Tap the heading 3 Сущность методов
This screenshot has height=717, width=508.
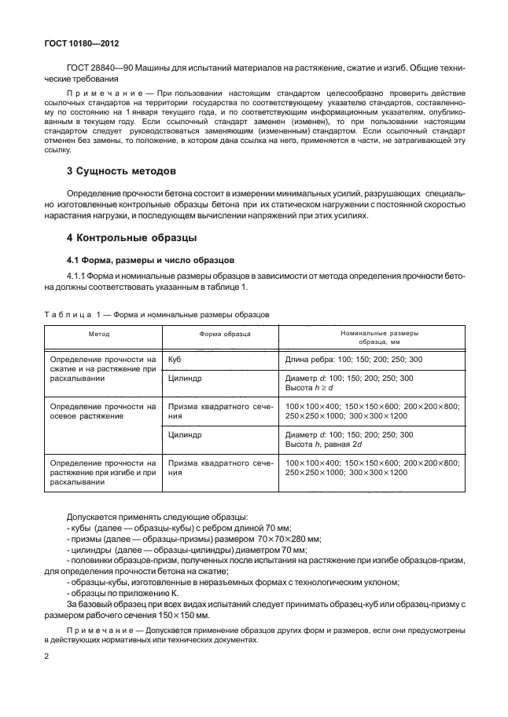pyautogui.click(x=120, y=170)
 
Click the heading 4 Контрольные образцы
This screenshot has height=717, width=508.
pyautogui.click(x=131, y=237)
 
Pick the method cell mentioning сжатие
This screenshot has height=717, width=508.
pyautogui.click(x=103, y=368)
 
